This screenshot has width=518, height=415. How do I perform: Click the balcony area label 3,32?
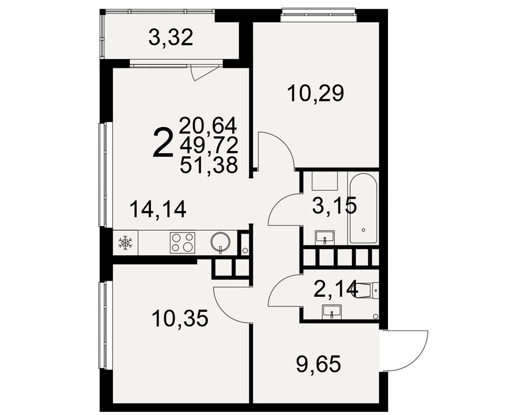(170, 38)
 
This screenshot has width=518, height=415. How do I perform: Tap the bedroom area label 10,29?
(316, 93)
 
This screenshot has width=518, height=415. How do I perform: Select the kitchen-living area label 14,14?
(158, 209)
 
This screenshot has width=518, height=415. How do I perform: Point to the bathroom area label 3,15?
(335, 205)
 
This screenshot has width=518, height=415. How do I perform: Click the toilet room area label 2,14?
(336, 288)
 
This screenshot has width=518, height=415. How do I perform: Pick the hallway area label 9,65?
(319, 364)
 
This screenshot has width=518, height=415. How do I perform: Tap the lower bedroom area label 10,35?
(180, 319)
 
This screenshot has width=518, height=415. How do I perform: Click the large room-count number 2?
(163, 143)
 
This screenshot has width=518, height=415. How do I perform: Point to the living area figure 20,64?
(208, 126)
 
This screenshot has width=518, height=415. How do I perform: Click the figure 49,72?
(209, 145)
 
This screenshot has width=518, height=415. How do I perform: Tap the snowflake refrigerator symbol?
(125, 243)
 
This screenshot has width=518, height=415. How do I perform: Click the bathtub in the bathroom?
(364, 208)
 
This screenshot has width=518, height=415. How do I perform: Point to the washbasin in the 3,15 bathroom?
(325, 237)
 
